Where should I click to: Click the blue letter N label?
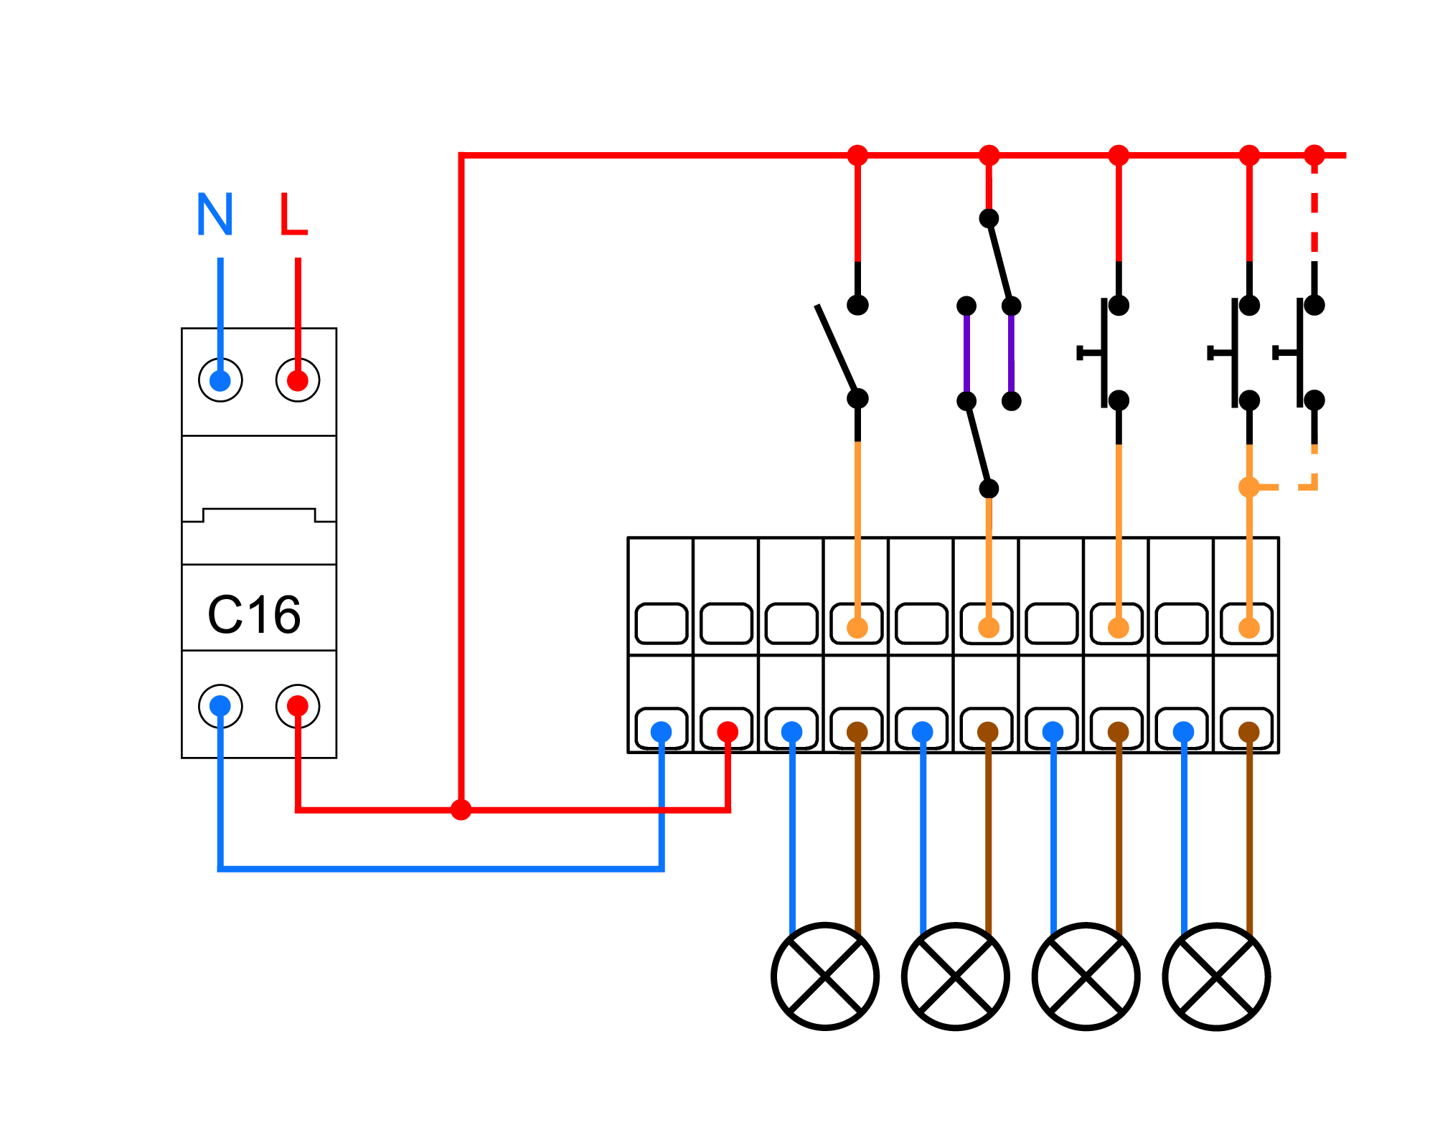pyautogui.click(x=215, y=214)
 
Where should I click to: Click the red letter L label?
pyautogui.click(x=293, y=214)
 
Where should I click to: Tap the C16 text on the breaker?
pyautogui.click(x=254, y=615)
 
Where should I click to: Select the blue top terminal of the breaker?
pyautogui.click(x=220, y=380)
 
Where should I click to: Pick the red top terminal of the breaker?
pyautogui.click(x=298, y=380)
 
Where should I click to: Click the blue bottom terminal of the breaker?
pyautogui.click(x=220, y=706)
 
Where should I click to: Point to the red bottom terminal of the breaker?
pyautogui.click(x=298, y=706)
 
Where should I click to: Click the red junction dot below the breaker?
pyautogui.click(x=461, y=810)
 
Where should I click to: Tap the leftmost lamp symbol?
pyautogui.click(x=825, y=977)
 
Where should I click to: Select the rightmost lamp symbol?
pyautogui.click(x=1217, y=977)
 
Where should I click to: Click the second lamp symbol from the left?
pyautogui.click(x=956, y=977)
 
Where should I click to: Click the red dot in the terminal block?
pyautogui.click(x=728, y=732)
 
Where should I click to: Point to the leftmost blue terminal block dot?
pyautogui.click(x=662, y=732)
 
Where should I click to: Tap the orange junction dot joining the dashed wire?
pyautogui.click(x=1249, y=487)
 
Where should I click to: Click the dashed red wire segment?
pyautogui.click(x=1314, y=208)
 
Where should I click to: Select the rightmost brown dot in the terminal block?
pyautogui.click(x=1249, y=732)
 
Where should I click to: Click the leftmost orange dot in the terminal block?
pyautogui.click(x=857, y=628)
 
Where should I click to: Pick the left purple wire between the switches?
pyautogui.click(x=966, y=353)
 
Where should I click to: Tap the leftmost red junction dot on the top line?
pyautogui.click(x=857, y=155)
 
